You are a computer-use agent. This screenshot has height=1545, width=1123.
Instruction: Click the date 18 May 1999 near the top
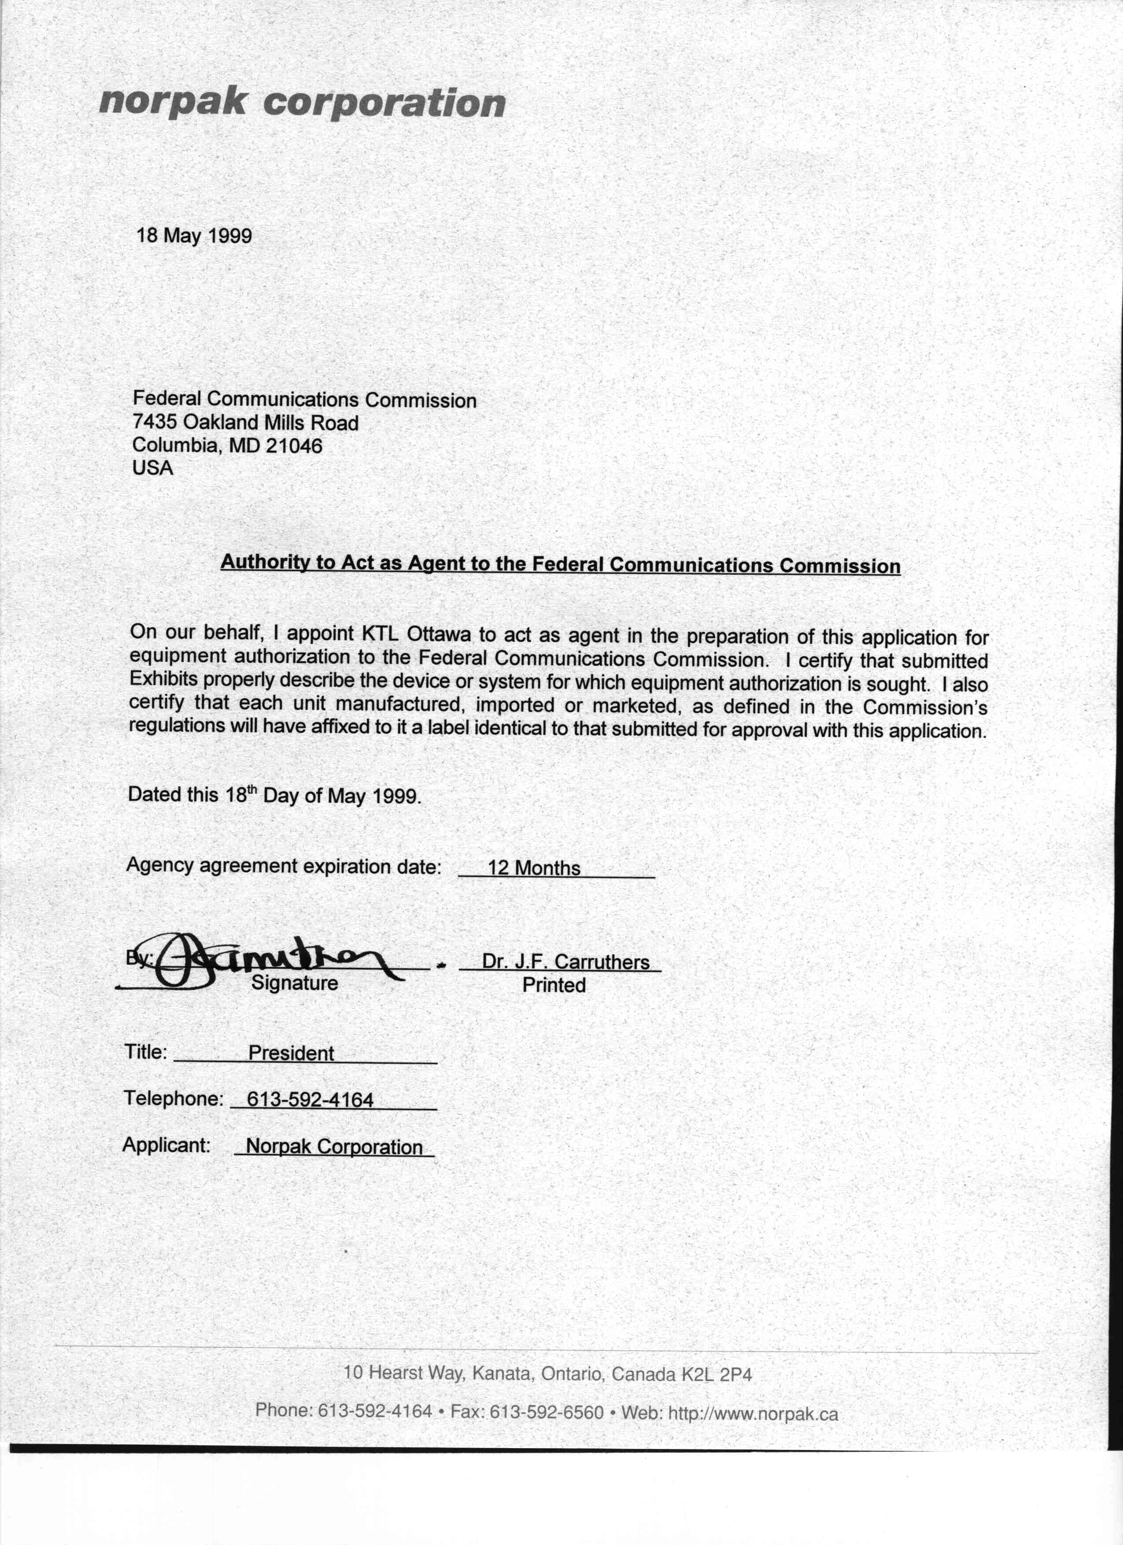(194, 236)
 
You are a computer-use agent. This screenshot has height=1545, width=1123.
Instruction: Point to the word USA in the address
(152, 468)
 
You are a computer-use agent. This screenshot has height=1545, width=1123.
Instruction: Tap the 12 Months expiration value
(534, 868)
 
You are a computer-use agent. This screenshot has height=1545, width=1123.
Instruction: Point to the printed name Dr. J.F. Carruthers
(565, 961)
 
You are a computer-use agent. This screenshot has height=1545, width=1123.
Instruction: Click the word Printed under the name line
(554, 985)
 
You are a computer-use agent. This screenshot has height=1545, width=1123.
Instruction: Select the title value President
(291, 1053)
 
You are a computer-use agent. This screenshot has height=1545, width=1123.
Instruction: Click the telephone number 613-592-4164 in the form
(310, 1100)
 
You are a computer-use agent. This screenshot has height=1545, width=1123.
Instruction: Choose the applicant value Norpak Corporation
(334, 1146)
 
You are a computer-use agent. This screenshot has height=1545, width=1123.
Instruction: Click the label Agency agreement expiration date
(283, 866)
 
